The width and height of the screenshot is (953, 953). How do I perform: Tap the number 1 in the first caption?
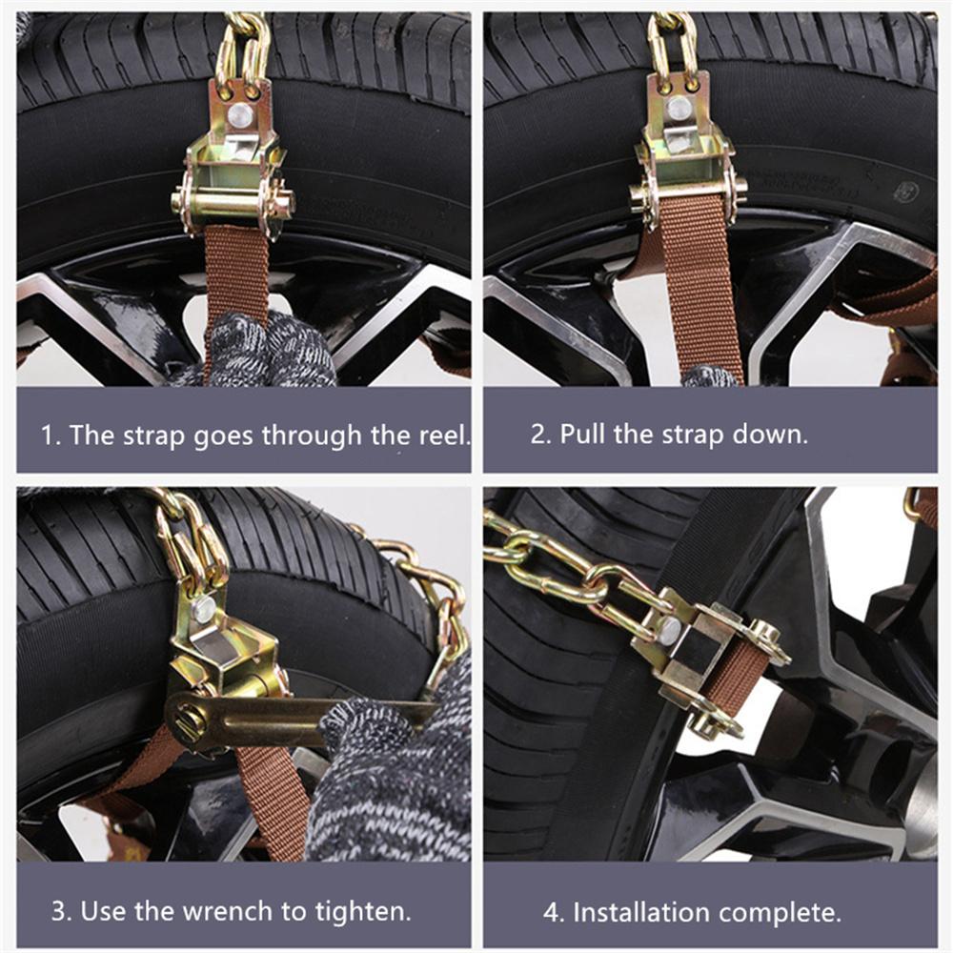[47, 436]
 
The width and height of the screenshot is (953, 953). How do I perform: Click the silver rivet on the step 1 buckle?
[241, 116]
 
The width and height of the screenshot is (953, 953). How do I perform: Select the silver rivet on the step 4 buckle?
[670, 628]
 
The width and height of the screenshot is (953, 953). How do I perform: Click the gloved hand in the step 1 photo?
[272, 351]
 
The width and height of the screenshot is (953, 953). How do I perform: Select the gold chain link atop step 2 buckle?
[672, 43]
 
